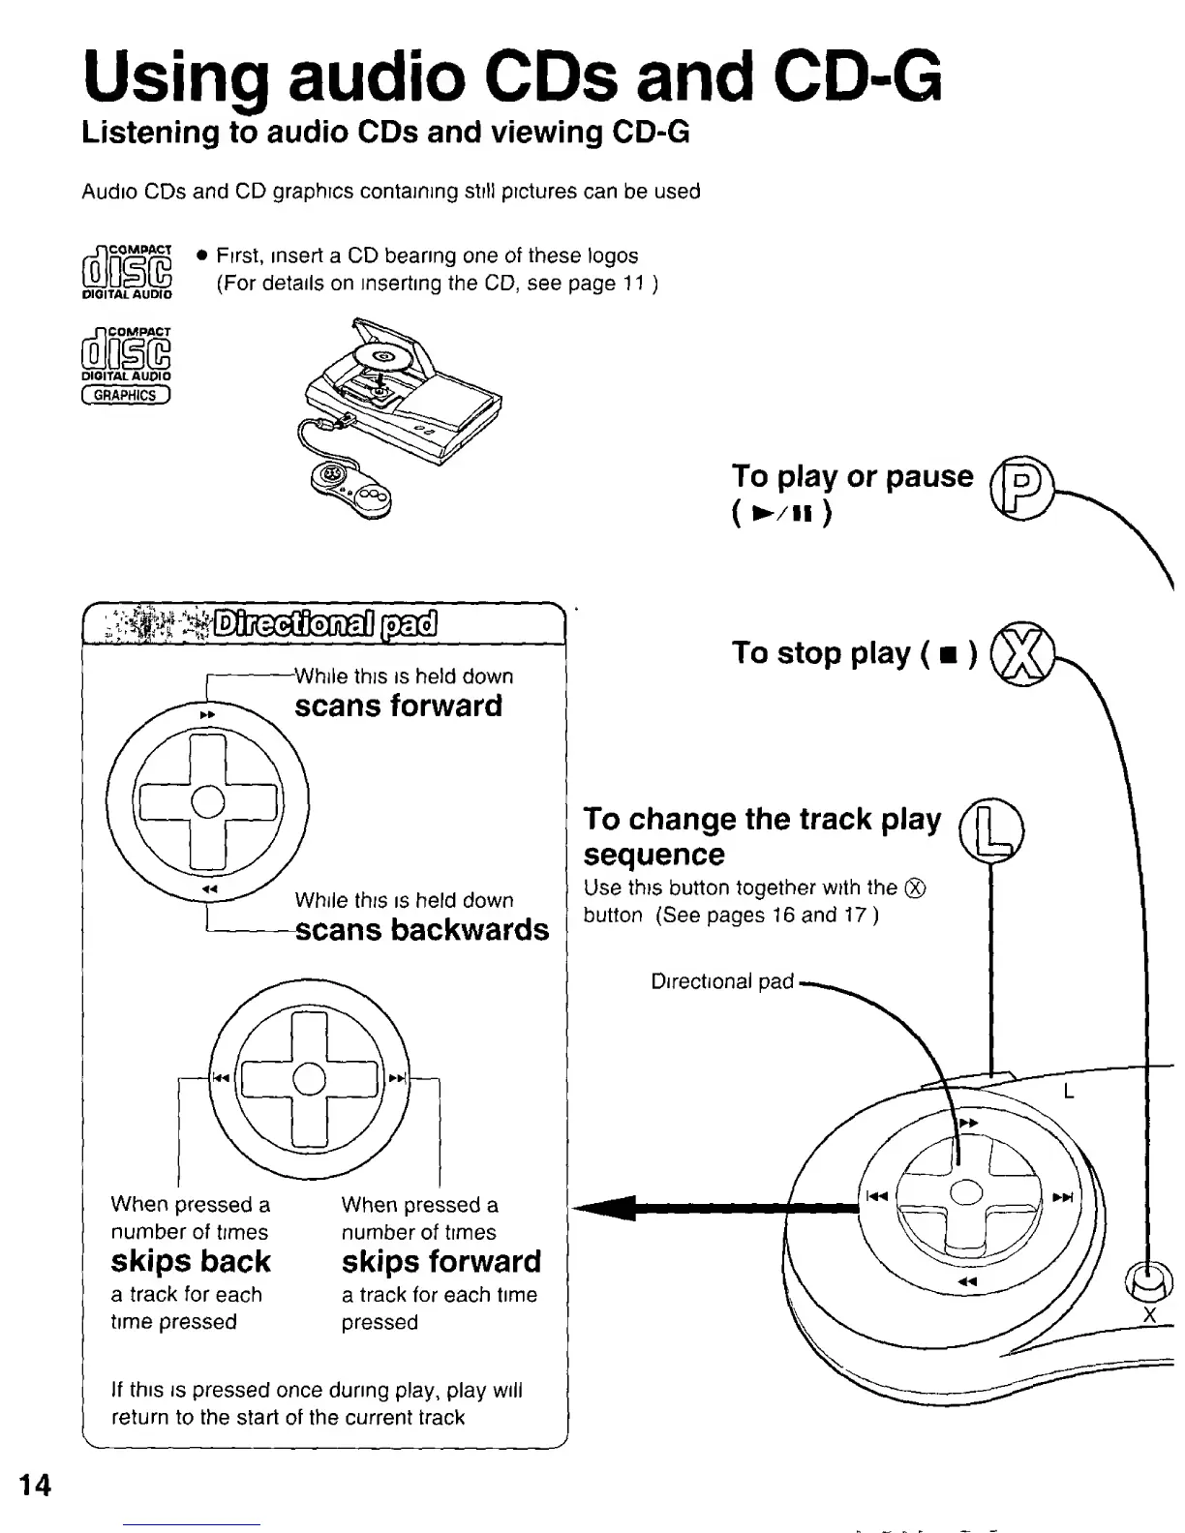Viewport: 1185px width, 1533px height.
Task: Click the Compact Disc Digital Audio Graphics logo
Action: tap(127, 365)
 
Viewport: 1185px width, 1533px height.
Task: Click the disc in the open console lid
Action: tap(381, 356)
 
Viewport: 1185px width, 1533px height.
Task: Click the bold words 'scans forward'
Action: tap(398, 706)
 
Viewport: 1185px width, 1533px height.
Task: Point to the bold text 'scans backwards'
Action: tap(421, 929)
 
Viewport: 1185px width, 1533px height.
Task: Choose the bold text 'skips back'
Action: tap(191, 1261)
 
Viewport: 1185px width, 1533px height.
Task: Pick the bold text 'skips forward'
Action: tap(441, 1261)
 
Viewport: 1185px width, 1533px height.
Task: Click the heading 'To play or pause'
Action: tap(852, 476)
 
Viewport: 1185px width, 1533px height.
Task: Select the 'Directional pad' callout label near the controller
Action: tap(722, 981)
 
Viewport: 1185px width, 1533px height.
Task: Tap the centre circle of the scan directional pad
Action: tap(207, 801)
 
